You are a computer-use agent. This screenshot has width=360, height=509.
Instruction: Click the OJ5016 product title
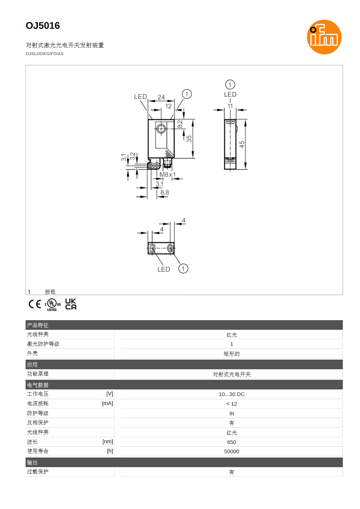click(x=43, y=26)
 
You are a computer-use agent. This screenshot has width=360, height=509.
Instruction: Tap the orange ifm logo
click(x=324, y=37)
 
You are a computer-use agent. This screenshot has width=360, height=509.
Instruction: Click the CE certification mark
click(x=35, y=304)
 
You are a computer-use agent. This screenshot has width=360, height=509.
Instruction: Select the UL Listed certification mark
click(x=53, y=304)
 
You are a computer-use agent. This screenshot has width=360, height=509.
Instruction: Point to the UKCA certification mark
click(x=71, y=304)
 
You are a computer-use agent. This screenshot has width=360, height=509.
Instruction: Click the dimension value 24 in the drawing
click(x=161, y=97)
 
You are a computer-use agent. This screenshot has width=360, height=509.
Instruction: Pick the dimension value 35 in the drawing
click(x=189, y=139)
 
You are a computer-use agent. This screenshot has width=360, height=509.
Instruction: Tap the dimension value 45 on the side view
click(x=242, y=144)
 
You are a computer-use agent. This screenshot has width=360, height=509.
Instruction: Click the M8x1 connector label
click(x=168, y=174)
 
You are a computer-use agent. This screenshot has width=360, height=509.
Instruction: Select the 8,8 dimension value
click(x=165, y=192)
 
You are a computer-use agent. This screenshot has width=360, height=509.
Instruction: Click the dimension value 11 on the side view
click(x=230, y=106)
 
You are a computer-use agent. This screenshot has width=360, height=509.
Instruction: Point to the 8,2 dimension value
click(x=180, y=124)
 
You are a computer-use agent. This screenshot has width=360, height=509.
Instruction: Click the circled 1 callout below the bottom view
click(x=183, y=269)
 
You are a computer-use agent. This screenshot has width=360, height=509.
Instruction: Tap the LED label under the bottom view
click(x=164, y=270)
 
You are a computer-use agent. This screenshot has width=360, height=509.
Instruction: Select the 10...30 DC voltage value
click(x=232, y=394)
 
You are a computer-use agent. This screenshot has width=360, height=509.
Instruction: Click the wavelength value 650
click(x=232, y=442)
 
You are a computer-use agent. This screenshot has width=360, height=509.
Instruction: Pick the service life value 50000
click(x=232, y=451)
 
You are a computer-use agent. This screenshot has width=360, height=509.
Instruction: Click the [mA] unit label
click(x=107, y=403)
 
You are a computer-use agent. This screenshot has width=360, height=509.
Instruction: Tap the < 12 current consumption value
click(x=232, y=404)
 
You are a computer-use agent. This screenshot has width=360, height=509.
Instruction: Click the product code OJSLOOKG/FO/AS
click(x=45, y=54)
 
